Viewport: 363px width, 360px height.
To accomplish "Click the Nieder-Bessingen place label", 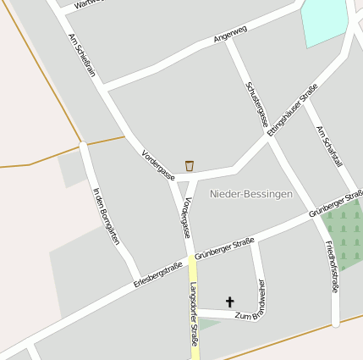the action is tap(251, 194).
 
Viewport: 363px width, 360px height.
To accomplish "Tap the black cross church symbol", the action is tap(229, 301).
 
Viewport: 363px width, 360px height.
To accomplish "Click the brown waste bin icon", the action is tap(190, 164).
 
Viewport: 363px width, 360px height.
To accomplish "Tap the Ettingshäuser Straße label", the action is tap(291, 111).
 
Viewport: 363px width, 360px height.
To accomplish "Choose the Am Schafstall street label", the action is tap(328, 146).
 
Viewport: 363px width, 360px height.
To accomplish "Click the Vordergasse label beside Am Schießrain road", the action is tap(157, 164).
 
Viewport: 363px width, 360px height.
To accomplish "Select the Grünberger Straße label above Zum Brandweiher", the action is tap(224, 247).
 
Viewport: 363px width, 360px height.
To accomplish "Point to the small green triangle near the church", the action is tap(208, 324).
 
